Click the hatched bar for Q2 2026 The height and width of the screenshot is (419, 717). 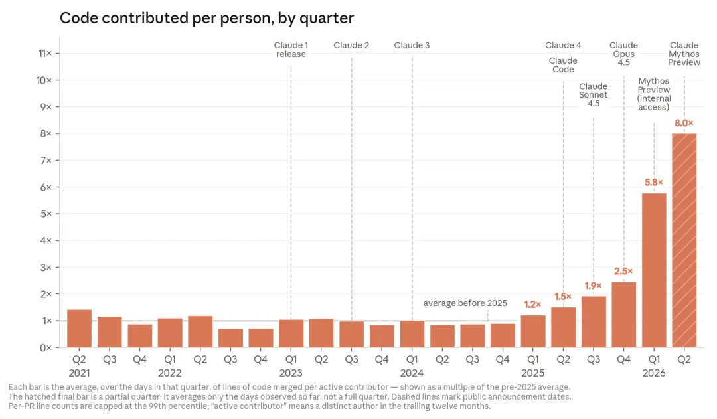pyautogui.click(x=684, y=240)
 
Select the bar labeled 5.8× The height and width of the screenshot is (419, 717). pyautogui.click(x=654, y=270)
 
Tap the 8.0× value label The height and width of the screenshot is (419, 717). pyautogui.click(x=684, y=123)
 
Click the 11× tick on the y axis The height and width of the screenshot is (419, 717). pyautogui.click(x=45, y=54)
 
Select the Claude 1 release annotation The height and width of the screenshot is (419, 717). pyautogui.click(x=291, y=50)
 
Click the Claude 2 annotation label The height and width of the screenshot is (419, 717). pyautogui.click(x=351, y=45)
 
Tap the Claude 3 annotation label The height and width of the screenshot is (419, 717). pyautogui.click(x=412, y=45)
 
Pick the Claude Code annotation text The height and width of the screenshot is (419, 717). pyautogui.click(x=563, y=65)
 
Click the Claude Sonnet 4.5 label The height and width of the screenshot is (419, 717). pyautogui.click(x=594, y=95)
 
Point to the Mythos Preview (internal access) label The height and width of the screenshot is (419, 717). pyautogui.click(x=654, y=94)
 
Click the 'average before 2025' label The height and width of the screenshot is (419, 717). pyautogui.click(x=465, y=303)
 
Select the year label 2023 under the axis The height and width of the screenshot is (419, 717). pyautogui.click(x=291, y=373)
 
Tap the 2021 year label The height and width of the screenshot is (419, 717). pyautogui.click(x=79, y=373)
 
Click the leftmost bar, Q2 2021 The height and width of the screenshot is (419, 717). pyautogui.click(x=79, y=329)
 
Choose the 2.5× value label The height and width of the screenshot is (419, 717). pyautogui.click(x=623, y=271)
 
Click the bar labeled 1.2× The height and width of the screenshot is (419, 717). pyautogui.click(x=532, y=331)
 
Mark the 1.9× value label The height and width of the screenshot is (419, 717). pyautogui.click(x=594, y=286)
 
